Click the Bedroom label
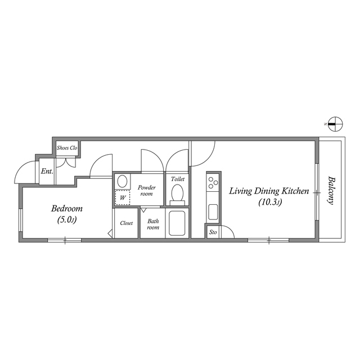(67, 208)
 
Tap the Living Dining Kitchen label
(269, 192)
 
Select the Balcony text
(331, 191)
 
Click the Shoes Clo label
(67, 148)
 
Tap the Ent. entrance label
(47, 171)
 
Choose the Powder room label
(146, 190)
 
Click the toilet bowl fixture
(178, 193)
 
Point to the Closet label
(127, 223)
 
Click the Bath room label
(153, 224)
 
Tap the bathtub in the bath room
(178, 224)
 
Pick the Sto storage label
(213, 232)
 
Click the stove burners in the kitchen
(213, 182)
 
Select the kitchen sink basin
(213, 212)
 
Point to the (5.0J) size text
(67, 219)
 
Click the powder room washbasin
(122, 182)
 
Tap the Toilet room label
(178, 179)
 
